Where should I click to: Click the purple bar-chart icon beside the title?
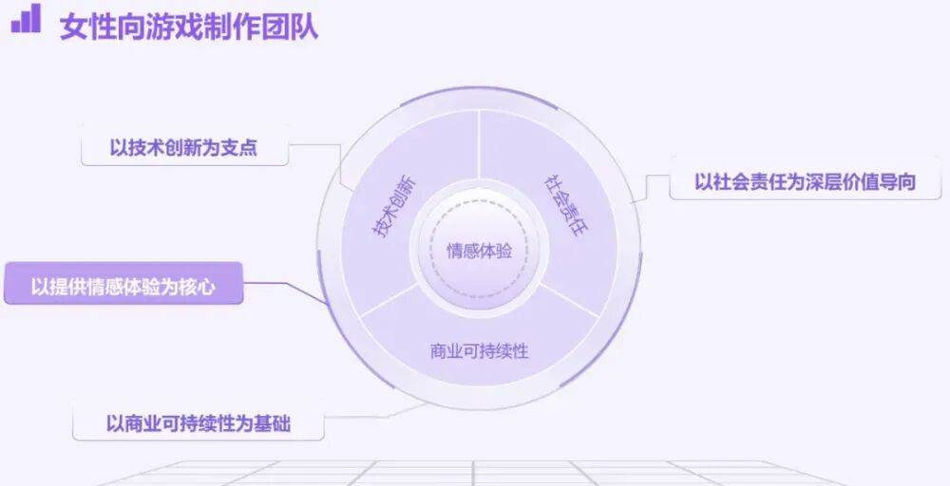(26, 18)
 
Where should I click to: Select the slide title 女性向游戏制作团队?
(189, 27)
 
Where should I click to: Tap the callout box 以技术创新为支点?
(184, 147)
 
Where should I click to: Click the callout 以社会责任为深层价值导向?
(806, 181)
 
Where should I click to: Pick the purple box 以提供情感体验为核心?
(123, 284)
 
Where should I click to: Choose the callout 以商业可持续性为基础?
(199, 422)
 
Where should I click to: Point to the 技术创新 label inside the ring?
(394, 207)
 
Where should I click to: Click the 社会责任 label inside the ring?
(566, 206)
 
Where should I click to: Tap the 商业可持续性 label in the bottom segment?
(479, 351)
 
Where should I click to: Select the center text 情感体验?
(479, 250)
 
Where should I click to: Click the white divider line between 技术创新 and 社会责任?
(479, 145)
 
